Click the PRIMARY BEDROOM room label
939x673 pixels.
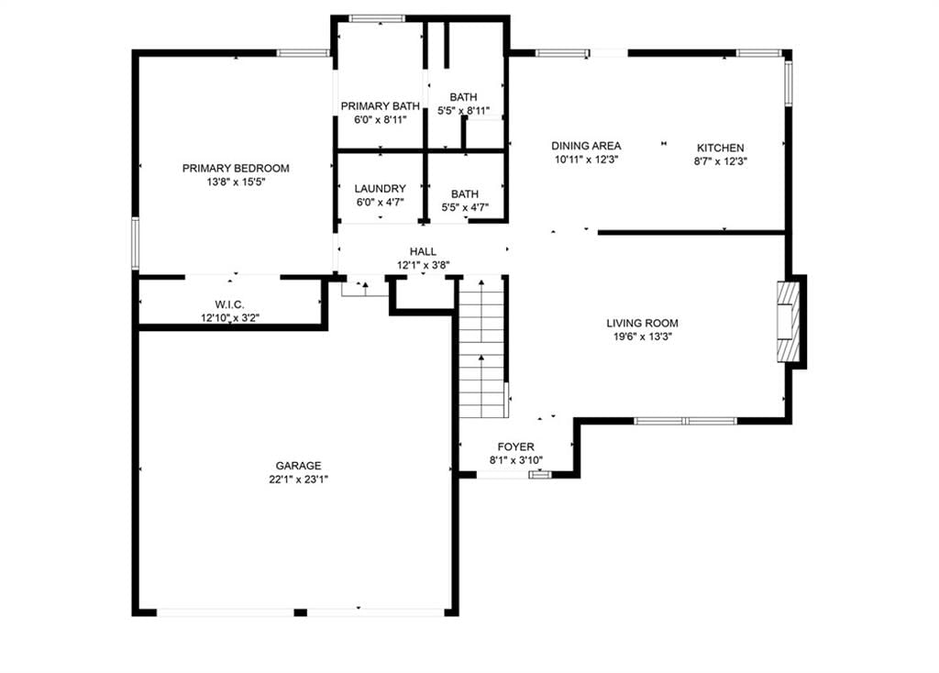tap(236, 169)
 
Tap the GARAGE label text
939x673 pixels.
tap(298, 465)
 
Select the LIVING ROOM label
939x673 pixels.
tap(642, 324)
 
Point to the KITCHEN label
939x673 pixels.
tap(721, 148)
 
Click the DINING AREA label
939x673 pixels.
tap(586, 146)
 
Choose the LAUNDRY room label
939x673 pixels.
tap(381, 189)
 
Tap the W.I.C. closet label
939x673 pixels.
tap(230, 304)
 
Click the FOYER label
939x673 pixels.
tap(515, 447)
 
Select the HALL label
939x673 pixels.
tap(423, 251)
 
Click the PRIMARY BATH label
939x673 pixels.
tap(381, 106)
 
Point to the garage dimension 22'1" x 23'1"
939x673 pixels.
tap(298, 479)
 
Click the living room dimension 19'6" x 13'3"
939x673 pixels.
tap(642, 336)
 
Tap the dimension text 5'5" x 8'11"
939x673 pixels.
tap(463, 110)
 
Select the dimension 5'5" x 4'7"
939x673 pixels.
tap(465, 207)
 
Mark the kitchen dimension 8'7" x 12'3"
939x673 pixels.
tap(721, 161)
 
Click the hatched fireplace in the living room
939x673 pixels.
tap(788, 322)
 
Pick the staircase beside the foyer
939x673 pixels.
tap(482, 347)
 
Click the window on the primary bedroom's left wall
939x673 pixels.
tap(136, 243)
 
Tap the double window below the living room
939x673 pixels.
tap(685, 421)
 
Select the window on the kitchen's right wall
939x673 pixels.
tap(789, 83)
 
